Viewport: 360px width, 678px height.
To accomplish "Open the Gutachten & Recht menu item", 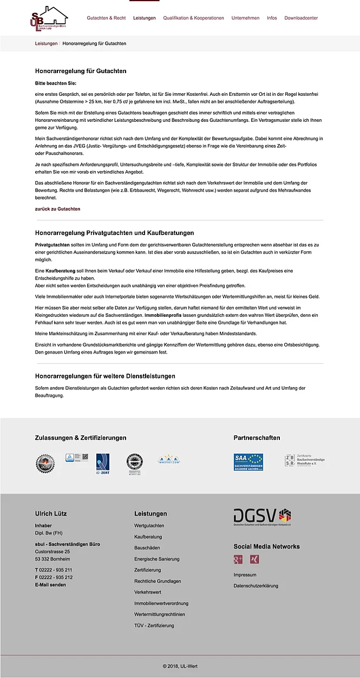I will click(106, 18).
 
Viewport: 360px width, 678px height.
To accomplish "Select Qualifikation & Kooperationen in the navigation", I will click(193, 18).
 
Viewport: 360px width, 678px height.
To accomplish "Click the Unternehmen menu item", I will click(245, 18).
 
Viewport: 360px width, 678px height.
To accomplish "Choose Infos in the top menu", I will click(272, 18).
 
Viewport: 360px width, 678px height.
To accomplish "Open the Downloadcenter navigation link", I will click(301, 18).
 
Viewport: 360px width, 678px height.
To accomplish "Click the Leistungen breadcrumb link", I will click(46, 43).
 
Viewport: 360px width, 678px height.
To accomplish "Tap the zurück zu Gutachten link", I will click(57, 208).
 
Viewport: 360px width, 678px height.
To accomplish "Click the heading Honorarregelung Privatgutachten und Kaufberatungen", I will click(114, 233).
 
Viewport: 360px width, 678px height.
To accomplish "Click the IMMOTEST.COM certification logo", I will click(168, 460).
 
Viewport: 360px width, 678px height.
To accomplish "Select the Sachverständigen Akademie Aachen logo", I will click(248, 462).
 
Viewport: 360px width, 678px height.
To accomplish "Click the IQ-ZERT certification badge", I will click(103, 464).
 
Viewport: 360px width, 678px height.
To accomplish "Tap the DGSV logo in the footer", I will click(263, 517).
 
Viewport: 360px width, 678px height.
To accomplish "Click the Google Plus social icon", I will click(238, 559).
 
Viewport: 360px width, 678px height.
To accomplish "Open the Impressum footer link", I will click(245, 575).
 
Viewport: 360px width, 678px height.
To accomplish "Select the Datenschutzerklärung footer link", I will click(256, 586).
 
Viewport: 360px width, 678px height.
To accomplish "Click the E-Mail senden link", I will click(50, 585).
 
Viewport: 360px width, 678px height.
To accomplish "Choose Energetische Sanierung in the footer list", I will click(156, 559).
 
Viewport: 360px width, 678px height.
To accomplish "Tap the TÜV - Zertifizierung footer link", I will click(154, 625).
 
